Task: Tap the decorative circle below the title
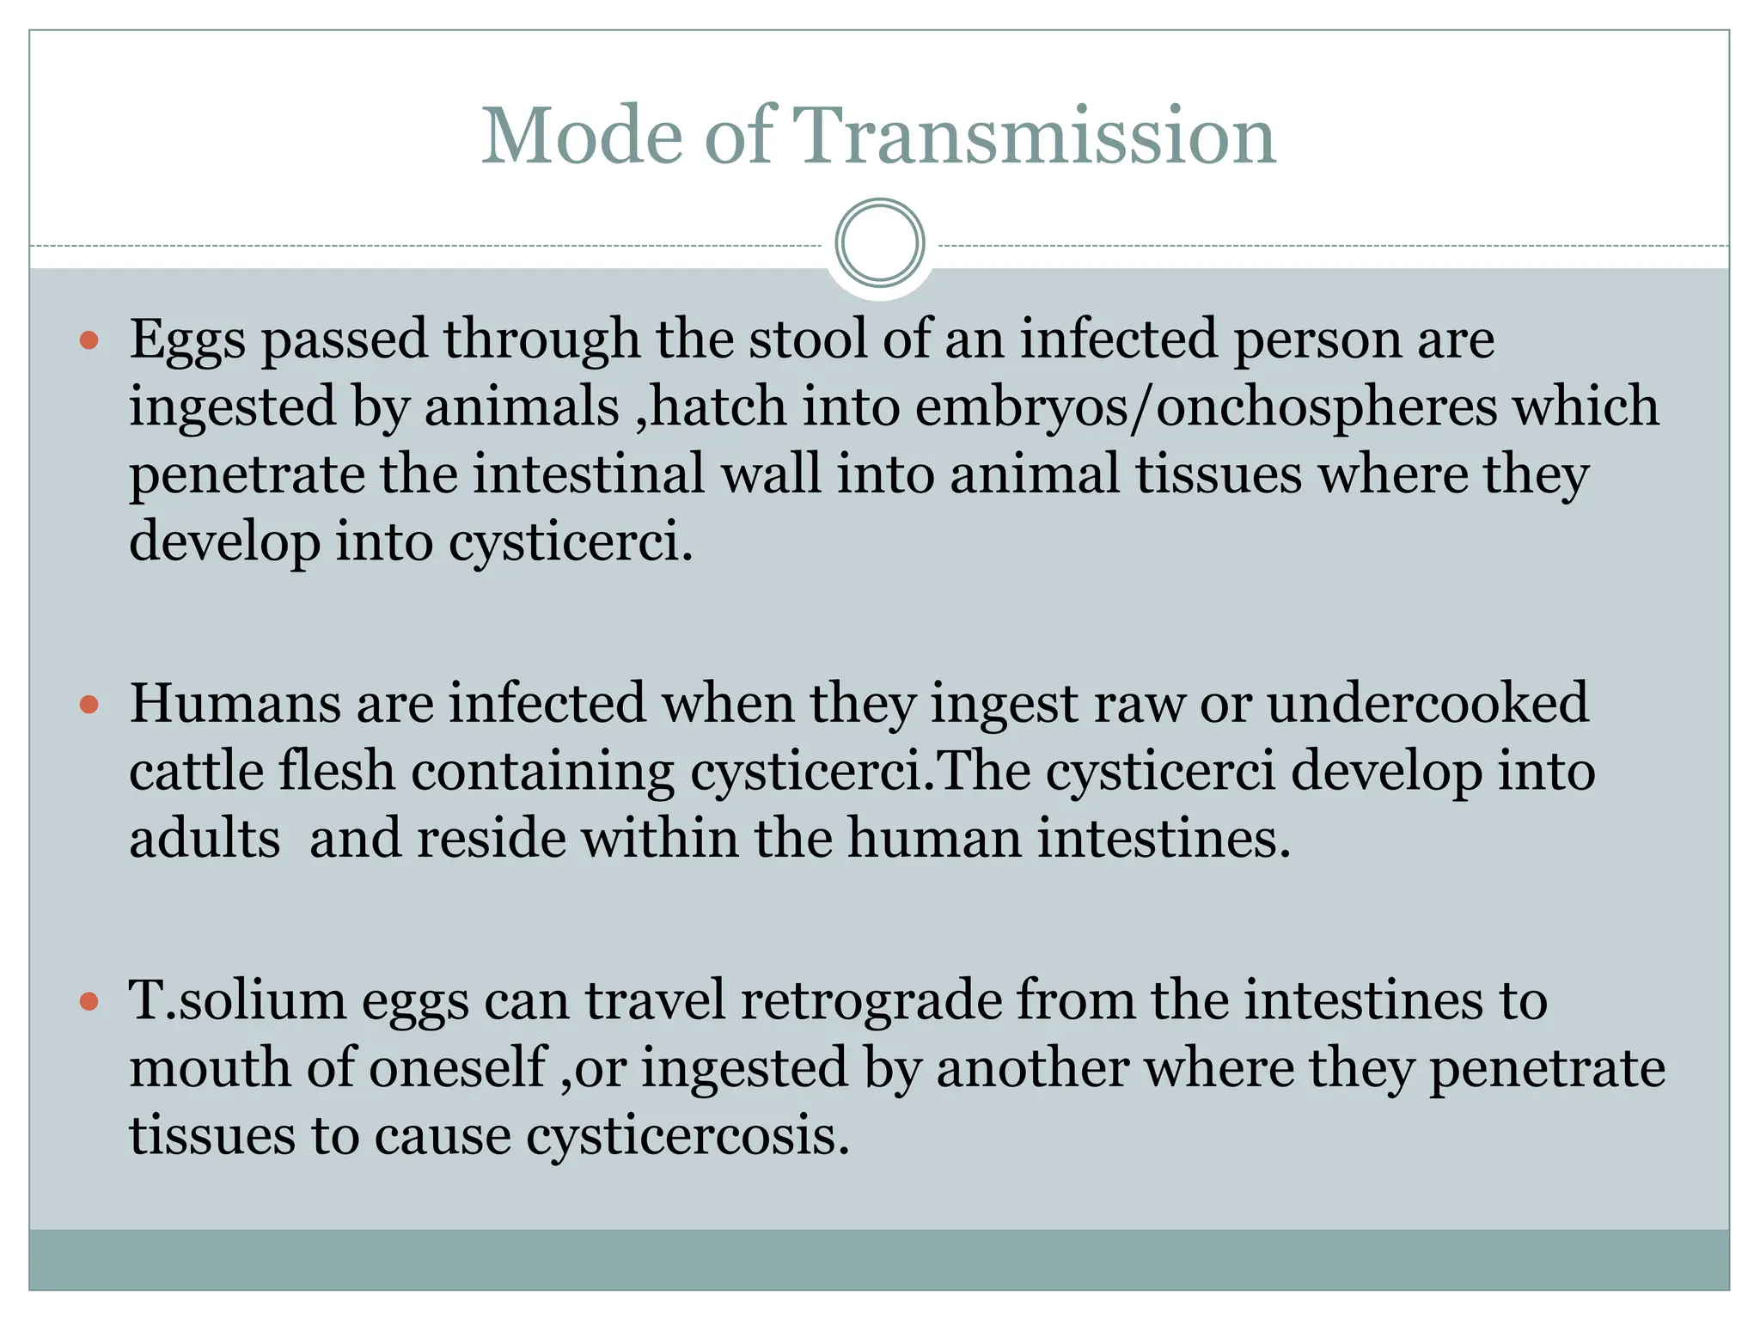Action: point(880,243)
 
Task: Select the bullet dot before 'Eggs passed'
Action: point(89,341)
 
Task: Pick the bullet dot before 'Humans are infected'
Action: point(89,706)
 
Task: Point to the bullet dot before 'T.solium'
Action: point(89,1002)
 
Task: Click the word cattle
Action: point(196,771)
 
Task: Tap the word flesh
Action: point(336,771)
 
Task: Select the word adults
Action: point(205,839)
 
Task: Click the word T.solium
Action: point(237,1001)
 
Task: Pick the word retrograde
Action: point(871,1001)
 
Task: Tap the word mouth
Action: point(210,1068)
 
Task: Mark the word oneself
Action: point(459,1068)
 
